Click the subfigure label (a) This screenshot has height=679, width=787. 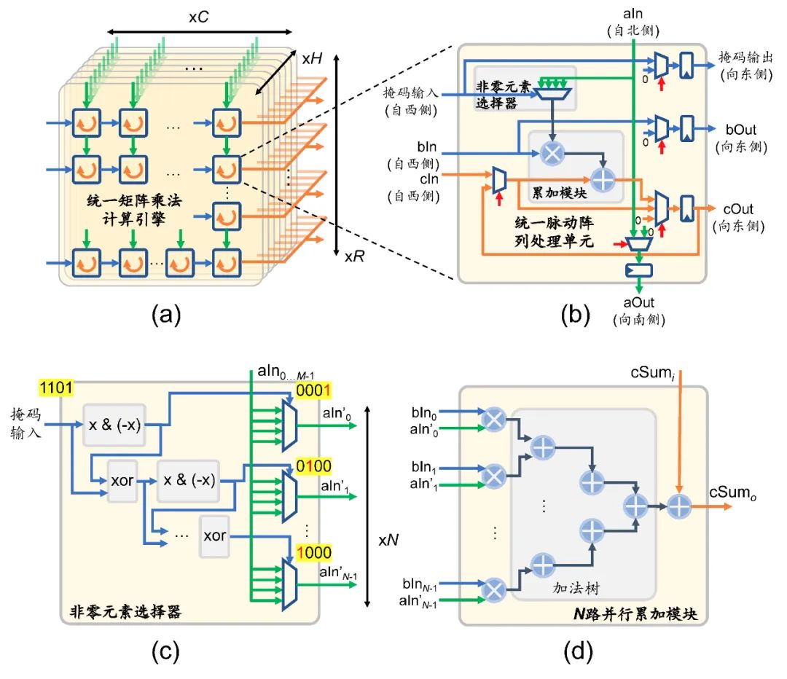(165, 315)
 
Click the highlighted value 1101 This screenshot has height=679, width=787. (54, 388)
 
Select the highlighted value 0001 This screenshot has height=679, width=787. (313, 391)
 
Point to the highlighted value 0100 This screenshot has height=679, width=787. (313, 463)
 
